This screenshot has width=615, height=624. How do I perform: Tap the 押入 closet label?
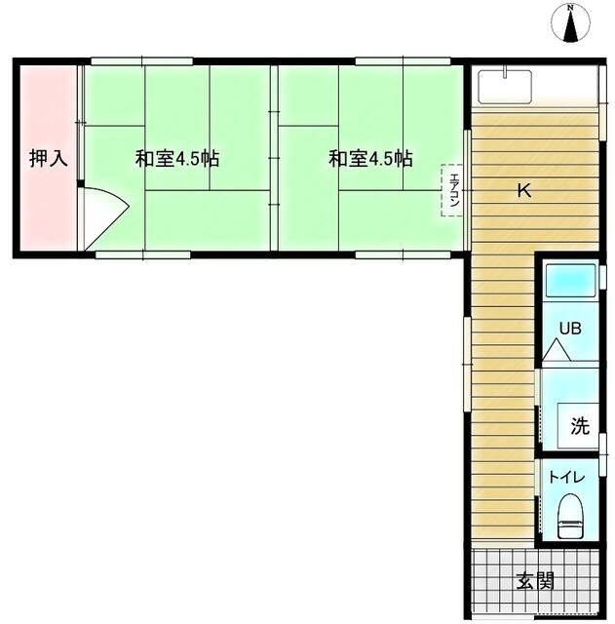click(48, 159)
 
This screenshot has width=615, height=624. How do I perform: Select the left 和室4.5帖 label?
click(175, 159)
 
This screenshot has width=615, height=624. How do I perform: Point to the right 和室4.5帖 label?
click(369, 159)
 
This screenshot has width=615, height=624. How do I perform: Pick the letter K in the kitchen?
click(523, 192)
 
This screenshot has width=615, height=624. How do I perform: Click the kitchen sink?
click(505, 86)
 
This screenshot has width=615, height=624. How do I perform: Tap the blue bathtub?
click(570, 281)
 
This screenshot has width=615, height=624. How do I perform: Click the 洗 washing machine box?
click(579, 425)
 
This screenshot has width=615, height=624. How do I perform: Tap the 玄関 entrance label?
click(535, 582)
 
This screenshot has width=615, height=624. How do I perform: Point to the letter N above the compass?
click(572, 10)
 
